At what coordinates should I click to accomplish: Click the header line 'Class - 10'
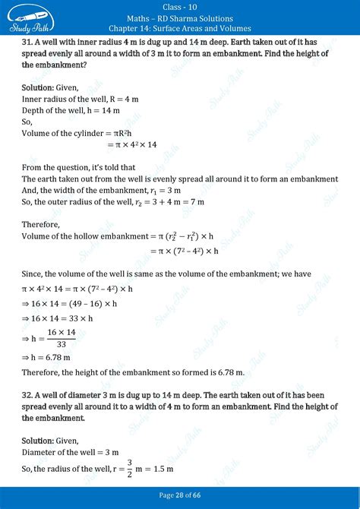(x=180, y=8)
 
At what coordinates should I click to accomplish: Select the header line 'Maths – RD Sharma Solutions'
(x=180, y=18)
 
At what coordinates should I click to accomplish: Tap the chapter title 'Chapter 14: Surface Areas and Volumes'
(x=180, y=29)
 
